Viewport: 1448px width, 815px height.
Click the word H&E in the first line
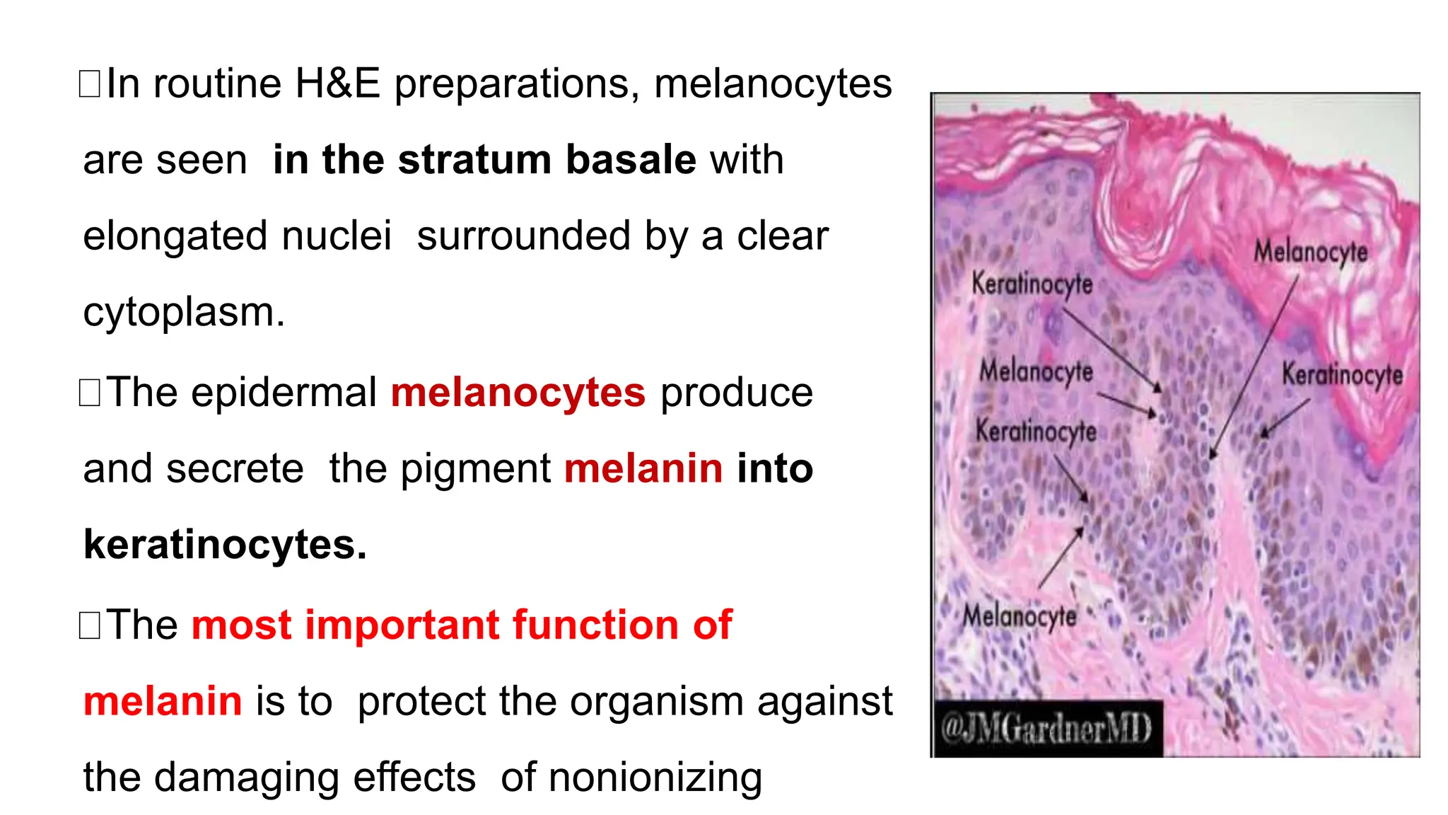(337, 83)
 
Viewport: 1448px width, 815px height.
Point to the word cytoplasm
(183, 312)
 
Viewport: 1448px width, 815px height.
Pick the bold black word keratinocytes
(224, 544)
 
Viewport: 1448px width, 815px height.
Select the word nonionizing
(655, 777)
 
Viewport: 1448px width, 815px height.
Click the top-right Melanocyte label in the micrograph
(1310, 252)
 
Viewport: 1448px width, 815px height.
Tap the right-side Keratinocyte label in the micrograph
(1342, 374)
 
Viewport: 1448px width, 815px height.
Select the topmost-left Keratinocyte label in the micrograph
(1032, 284)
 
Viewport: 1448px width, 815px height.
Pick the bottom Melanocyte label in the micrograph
(1019, 616)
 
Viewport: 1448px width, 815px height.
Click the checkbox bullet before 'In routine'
(90, 83)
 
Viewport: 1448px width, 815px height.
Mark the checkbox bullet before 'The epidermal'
(90, 393)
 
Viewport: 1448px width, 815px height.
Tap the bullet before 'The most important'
(90, 625)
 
